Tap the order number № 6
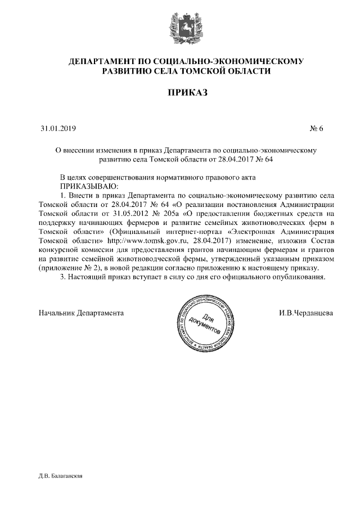317,129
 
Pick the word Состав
322,241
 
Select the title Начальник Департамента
80,312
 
